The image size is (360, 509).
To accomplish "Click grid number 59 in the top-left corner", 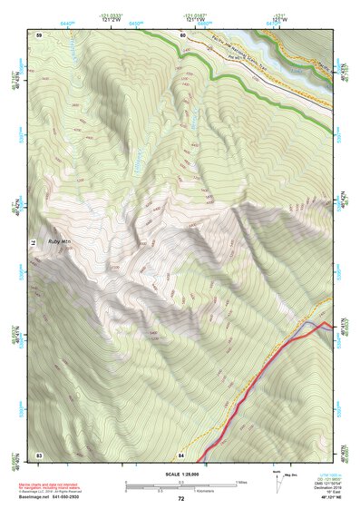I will tap(39, 34).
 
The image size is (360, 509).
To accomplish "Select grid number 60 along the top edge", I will tap(182, 34).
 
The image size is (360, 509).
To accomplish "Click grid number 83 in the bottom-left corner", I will tap(39, 454).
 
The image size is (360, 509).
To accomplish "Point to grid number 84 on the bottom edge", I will tap(181, 454).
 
